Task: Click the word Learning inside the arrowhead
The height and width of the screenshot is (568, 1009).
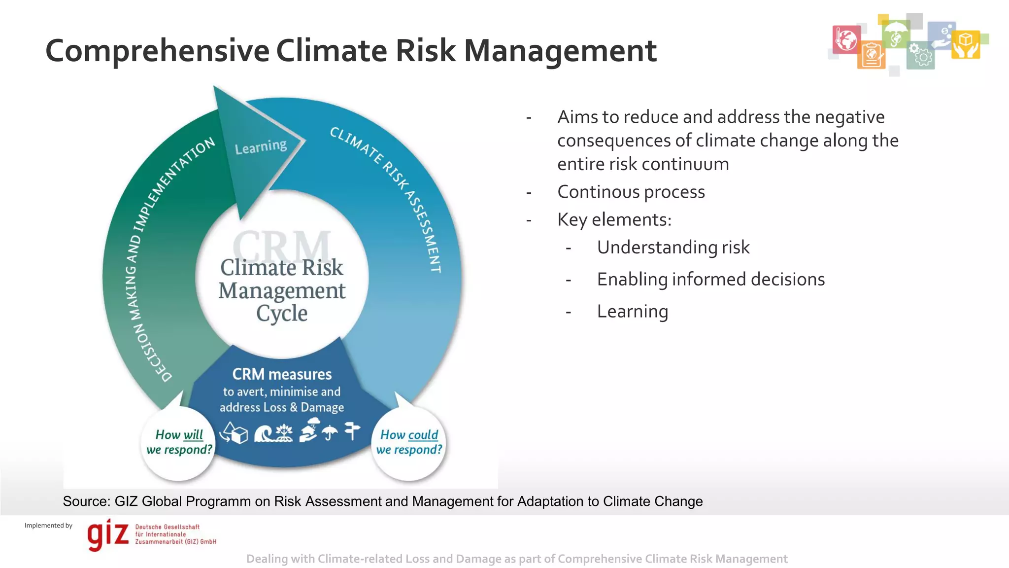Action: (x=261, y=146)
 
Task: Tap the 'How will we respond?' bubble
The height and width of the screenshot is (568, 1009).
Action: (x=179, y=442)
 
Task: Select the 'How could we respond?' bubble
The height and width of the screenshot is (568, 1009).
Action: (x=409, y=442)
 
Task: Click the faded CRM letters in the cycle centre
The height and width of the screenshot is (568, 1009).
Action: (x=282, y=244)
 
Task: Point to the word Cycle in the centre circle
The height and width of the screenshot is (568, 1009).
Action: (x=282, y=314)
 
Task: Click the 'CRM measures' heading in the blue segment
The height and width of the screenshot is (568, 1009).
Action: (x=282, y=374)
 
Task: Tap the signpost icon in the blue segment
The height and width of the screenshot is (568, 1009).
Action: (x=352, y=430)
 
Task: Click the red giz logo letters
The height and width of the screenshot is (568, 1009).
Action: (x=108, y=535)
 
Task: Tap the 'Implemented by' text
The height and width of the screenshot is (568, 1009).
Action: (x=48, y=526)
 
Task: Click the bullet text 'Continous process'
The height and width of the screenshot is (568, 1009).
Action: (x=631, y=192)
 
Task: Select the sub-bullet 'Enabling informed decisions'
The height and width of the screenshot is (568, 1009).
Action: (x=710, y=279)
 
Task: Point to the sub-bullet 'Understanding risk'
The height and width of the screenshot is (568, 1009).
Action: (x=673, y=247)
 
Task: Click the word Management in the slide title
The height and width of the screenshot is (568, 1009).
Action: (x=560, y=51)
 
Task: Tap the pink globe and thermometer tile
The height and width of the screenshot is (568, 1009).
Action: (x=846, y=39)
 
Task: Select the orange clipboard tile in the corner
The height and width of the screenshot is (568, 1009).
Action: (x=871, y=55)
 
